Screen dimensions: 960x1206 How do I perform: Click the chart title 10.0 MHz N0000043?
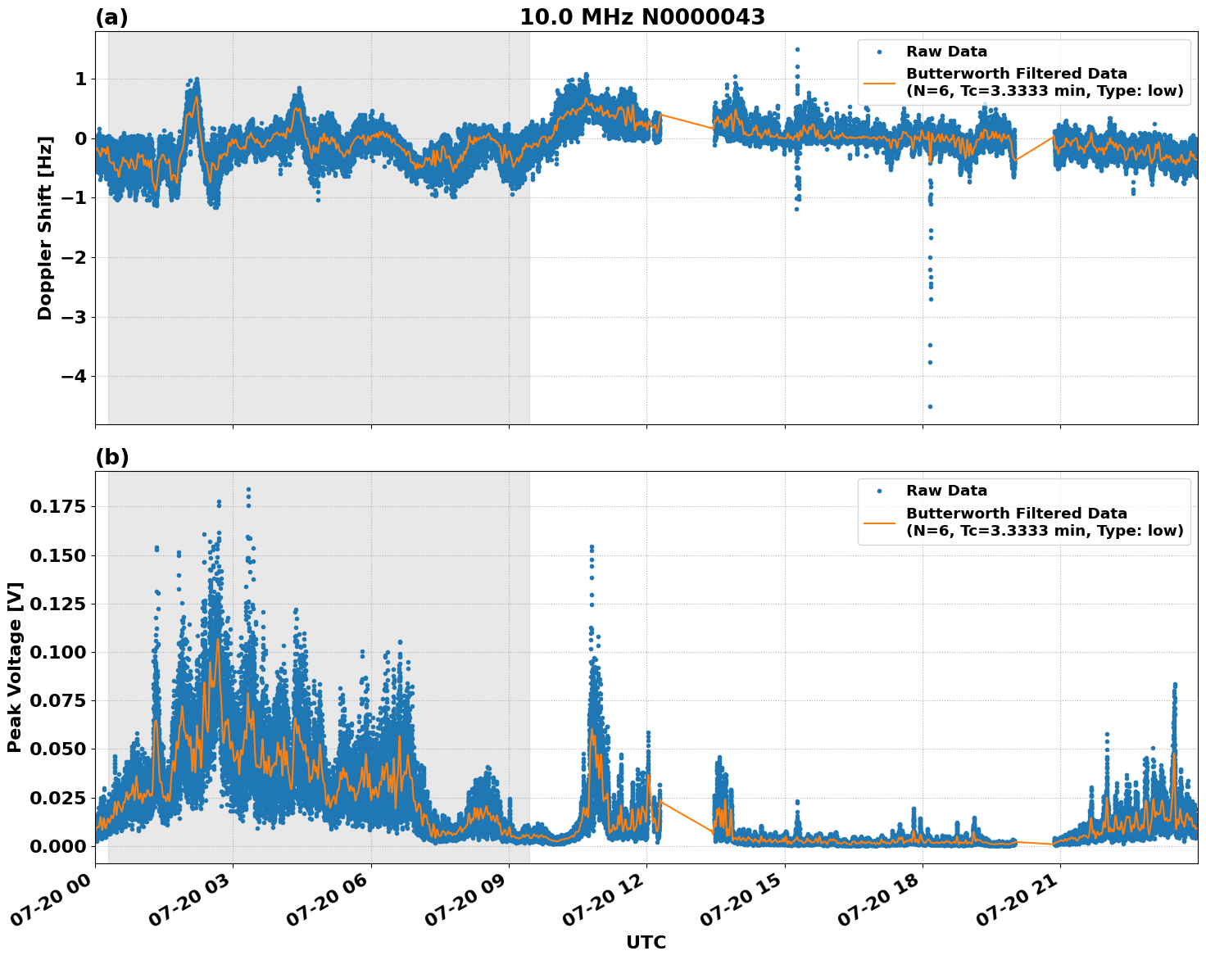click(642, 17)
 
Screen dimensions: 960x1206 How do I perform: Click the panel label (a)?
click(111, 17)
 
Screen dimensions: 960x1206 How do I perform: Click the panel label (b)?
click(111, 457)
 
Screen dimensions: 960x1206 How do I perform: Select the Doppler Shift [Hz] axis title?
click(45, 228)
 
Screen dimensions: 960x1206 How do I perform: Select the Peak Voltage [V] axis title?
click(15, 667)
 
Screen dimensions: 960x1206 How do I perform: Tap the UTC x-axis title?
click(646, 942)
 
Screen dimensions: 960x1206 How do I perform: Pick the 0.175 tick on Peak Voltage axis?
click(57, 507)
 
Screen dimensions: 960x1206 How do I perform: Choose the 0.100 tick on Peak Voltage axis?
click(57, 652)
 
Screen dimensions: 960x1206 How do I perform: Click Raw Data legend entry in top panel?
click(946, 52)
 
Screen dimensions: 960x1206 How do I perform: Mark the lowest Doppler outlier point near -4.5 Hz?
click(930, 406)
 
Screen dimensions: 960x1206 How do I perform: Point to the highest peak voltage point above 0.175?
click(248, 490)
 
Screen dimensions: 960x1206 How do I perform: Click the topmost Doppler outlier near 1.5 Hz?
click(797, 49)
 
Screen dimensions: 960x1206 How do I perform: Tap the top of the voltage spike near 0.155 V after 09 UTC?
click(592, 546)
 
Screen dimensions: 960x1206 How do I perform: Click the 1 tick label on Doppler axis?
click(80, 79)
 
